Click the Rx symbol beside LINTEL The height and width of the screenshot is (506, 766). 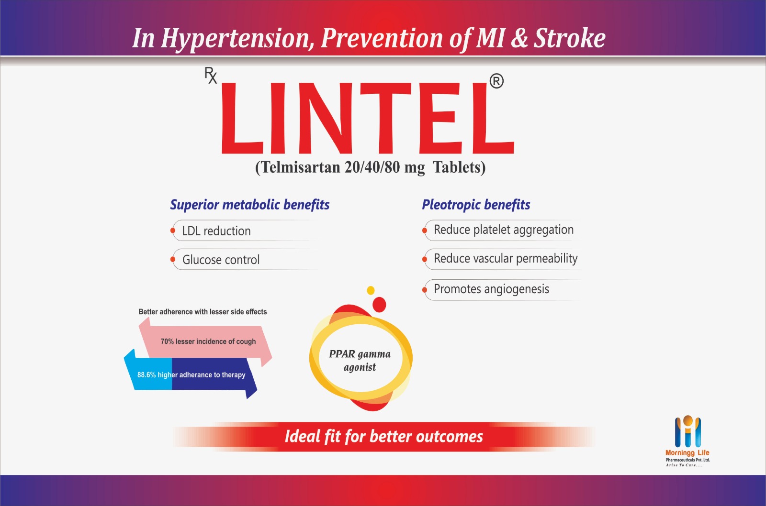point(211,76)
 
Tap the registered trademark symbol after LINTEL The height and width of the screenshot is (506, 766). point(496,81)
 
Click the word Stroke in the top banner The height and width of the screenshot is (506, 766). point(570,38)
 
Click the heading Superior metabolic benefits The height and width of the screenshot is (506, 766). point(250,205)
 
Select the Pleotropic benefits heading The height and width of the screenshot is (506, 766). point(476,205)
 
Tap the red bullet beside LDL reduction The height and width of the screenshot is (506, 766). point(173,231)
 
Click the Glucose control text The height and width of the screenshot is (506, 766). point(221,260)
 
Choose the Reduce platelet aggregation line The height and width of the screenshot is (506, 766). point(504,230)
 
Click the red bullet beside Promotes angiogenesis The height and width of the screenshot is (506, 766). point(424,290)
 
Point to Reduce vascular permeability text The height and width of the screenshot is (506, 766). point(506,259)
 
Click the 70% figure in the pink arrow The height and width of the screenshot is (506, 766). point(167,341)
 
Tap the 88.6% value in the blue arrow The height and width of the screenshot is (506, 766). point(146,375)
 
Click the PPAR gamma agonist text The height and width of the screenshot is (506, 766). point(360,361)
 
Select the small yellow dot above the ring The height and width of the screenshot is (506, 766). point(371,290)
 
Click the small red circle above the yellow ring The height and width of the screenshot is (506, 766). point(379,305)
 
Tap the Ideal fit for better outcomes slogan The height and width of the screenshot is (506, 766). point(383,437)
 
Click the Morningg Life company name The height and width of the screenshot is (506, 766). point(687,453)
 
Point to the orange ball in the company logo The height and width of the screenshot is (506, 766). point(688,421)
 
